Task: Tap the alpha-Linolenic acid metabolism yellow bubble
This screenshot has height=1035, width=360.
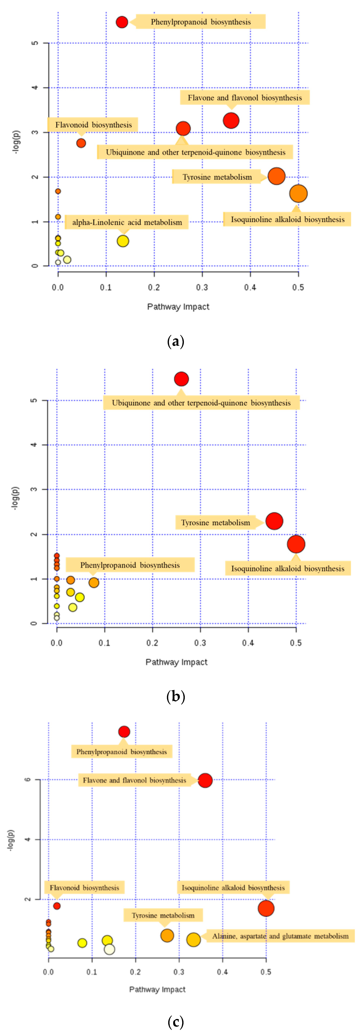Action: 123,241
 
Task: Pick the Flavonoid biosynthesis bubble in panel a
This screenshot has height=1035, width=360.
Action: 81,143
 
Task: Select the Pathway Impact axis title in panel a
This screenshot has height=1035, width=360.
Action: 178,307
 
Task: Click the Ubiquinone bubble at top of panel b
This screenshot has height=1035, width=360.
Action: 181,379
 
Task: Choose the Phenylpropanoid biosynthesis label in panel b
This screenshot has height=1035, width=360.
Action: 130,565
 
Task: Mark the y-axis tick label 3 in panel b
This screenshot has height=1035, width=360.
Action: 34,489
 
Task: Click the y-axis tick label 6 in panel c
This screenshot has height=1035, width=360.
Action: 27,780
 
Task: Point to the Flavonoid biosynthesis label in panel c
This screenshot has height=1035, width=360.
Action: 84,887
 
